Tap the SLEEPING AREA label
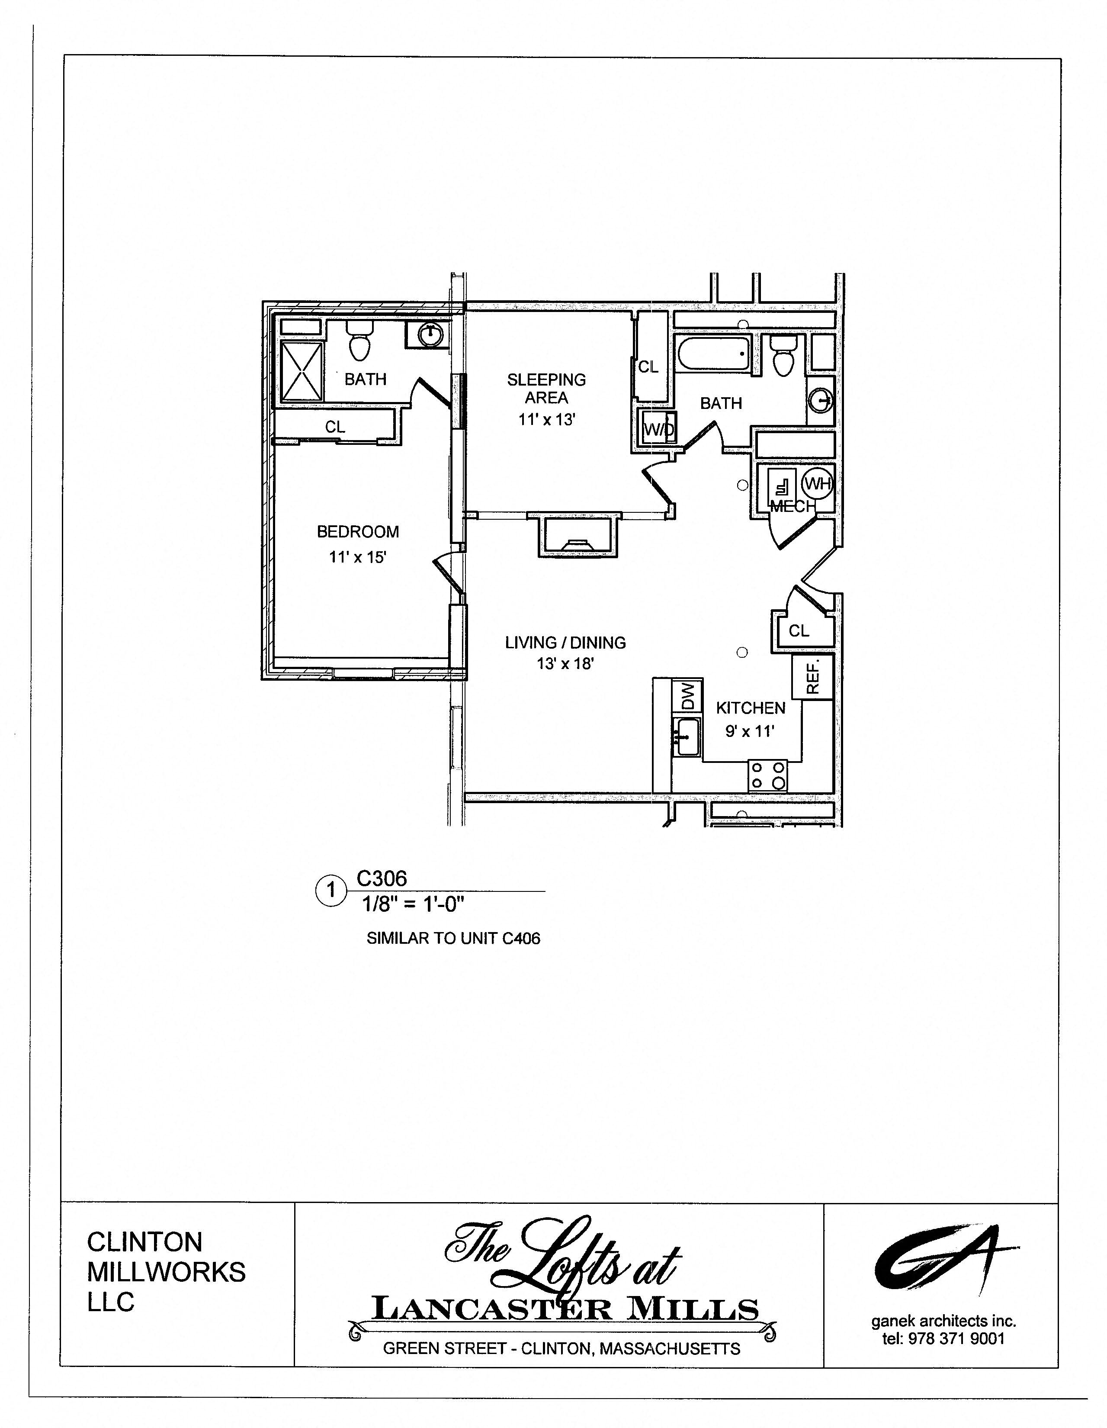(x=546, y=389)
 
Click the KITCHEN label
(x=750, y=708)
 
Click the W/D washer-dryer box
(x=658, y=429)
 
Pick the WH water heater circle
(x=817, y=484)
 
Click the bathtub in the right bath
(x=715, y=354)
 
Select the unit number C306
(x=382, y=878)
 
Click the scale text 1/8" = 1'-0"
(x=413, y=904)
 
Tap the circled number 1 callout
(x=331, y=890)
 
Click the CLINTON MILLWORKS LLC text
(x=166, y=1272)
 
